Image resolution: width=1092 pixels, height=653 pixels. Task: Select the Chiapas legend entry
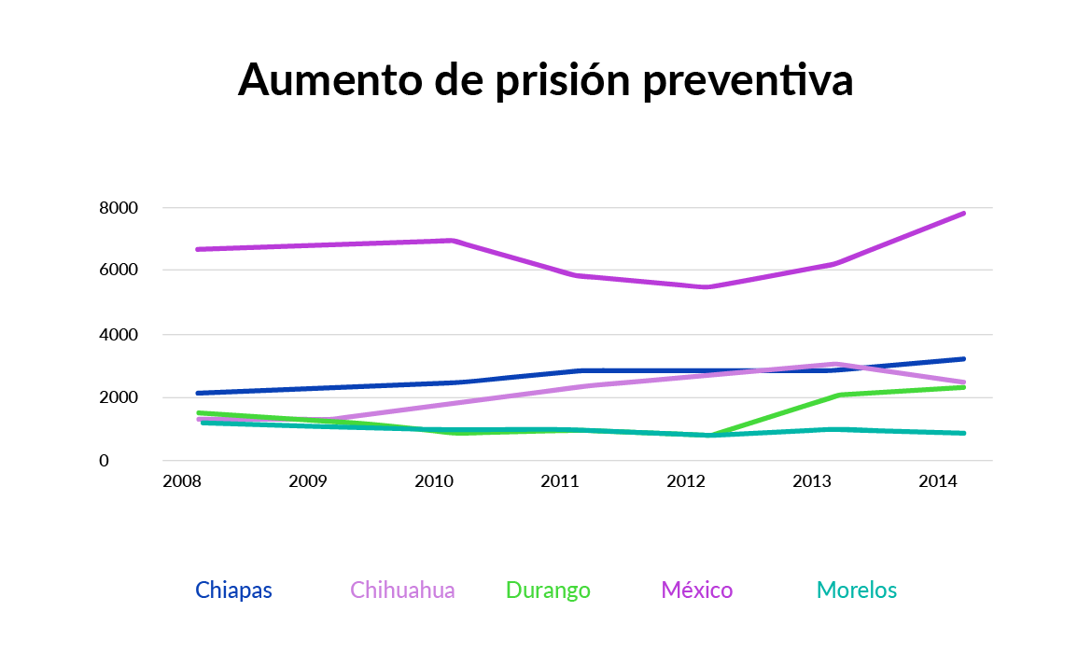coord(233,590)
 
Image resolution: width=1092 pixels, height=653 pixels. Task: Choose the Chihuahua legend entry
coord(402,590)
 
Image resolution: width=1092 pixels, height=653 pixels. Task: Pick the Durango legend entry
coord(548,590)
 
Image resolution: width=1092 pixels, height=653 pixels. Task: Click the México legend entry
coord(697,590)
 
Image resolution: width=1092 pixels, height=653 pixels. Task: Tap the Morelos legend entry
coord(857,590)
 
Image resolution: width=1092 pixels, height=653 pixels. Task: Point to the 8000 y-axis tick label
coord(118,208)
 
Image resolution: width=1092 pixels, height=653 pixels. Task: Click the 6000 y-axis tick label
coord(118,271)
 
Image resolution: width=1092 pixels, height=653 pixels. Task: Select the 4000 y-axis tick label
coord(118,334)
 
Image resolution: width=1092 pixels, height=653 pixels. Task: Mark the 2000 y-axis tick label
coord(118,397)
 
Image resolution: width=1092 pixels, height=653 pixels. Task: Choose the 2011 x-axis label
coord(561,482)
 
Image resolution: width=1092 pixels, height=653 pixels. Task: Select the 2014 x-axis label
coord(936,482)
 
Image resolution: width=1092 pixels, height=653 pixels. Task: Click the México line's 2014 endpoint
coord(964,214)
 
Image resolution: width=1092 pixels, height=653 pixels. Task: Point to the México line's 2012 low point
coord(707,287)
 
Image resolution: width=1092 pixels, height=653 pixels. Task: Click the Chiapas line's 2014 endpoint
coord(964,359)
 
